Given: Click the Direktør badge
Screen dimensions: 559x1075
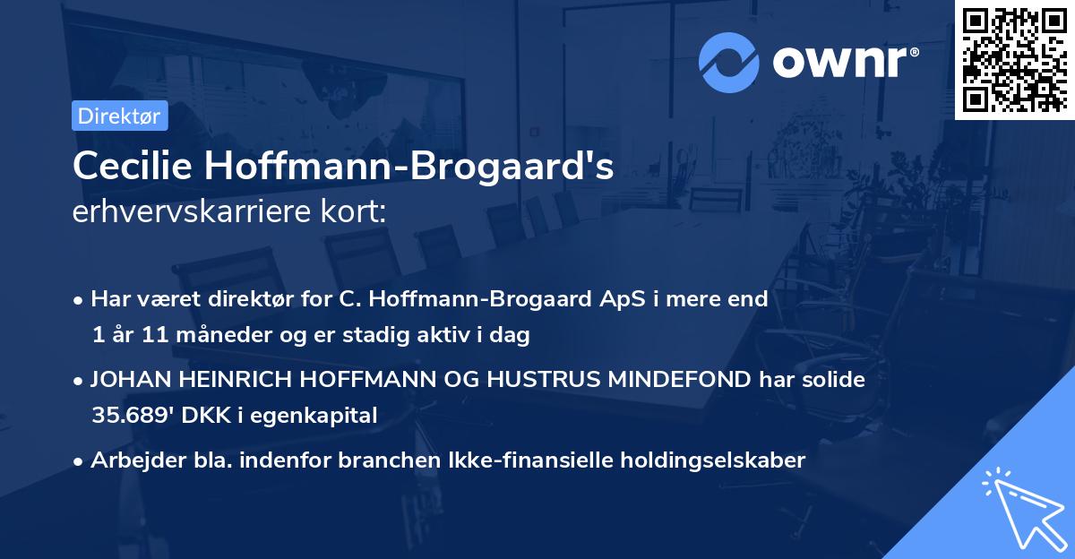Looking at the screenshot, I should pos(119,116).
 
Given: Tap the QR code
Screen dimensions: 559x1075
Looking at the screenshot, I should pos(1014,59).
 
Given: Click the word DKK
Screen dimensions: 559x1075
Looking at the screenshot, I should pos(217,416).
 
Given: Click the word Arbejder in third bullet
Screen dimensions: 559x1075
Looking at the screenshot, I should pos(129,460).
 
